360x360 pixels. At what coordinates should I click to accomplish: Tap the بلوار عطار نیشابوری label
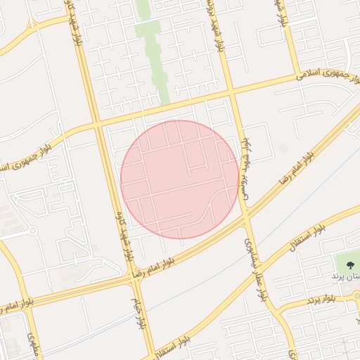coord(256,266)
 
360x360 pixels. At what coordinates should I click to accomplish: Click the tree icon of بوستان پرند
coord(350,264)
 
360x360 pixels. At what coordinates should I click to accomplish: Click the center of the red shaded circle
coord(179,179)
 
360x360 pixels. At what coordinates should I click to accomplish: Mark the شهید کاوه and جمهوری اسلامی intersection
coord(96,124)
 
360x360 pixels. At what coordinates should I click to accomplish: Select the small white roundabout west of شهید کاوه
coord(32,231)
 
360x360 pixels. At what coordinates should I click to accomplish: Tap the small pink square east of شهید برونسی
coord(283,148)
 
